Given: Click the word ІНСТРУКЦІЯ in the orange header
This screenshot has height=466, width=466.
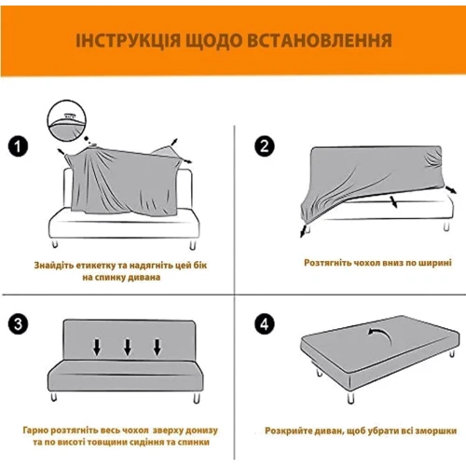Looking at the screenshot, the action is (x=128, y=41).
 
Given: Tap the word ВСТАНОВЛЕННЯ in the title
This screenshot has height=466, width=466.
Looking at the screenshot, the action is (x=320, y=41).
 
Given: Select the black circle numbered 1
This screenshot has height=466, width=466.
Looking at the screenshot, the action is (x=18, y=146).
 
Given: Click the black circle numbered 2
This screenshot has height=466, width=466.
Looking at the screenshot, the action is (x=265, y=146).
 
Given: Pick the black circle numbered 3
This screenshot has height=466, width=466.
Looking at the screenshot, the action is (x=18, y=324).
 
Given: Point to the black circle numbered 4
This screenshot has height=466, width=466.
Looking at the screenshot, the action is (x=265, y=324).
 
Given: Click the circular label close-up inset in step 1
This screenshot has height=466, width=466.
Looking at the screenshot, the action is (x=66, y=120).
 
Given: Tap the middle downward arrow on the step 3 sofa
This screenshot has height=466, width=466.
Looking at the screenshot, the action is (x=128, y=348).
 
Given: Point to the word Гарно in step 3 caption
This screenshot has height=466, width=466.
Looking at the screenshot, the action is (x=35, y=431).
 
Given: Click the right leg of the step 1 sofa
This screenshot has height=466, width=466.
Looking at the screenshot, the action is (x=193, y=244).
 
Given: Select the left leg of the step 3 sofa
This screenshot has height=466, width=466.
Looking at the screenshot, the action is (x=54, y=396).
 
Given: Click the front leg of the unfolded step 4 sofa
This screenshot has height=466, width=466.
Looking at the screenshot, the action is (x=350, y=397).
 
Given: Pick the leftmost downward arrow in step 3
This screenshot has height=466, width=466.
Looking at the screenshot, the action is (x=97, y=348).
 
